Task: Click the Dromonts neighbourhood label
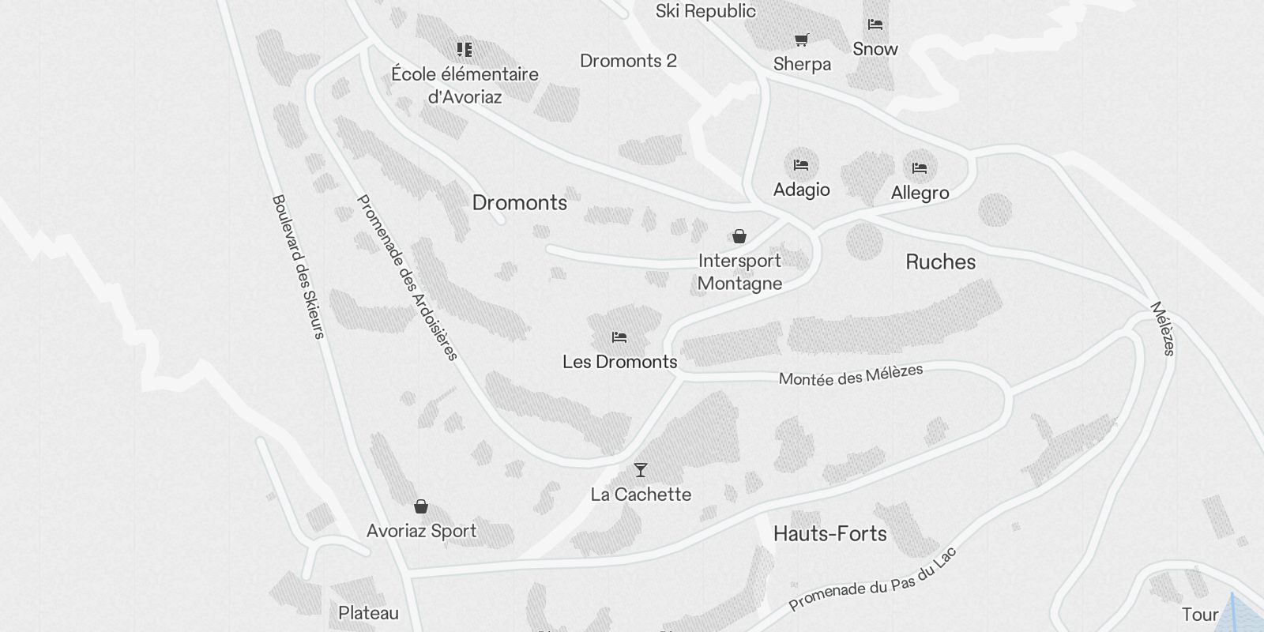519,203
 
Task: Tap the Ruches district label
940,262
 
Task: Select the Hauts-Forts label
829,534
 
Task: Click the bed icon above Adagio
801,165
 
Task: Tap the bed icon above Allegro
919,167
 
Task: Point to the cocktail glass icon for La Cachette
640,470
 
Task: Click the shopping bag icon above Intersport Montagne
739,236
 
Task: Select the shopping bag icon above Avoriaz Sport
421,506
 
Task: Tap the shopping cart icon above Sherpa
801,39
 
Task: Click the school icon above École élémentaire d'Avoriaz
465,50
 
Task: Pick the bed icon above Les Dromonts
619,337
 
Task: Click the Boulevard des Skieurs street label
298,266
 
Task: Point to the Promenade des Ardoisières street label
408,277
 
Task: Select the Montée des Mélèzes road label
850,374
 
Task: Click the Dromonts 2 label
628,61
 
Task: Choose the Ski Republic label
705,11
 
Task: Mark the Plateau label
368,613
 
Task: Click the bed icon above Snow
875,24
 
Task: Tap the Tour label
1199,615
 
